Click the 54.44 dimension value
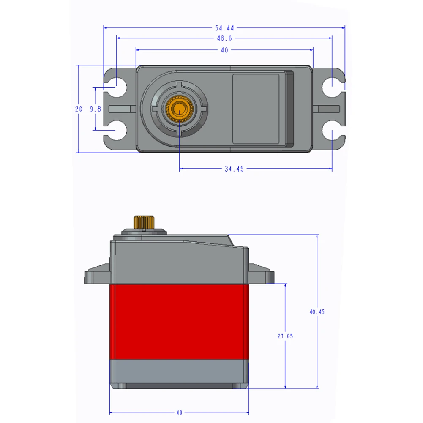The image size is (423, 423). tap(224, 28)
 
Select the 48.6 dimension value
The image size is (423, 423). tap(224, 38)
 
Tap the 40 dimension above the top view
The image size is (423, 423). tap(224, 50)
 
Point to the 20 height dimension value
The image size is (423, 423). tap(79, 109)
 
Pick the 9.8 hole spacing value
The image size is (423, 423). tap(96, 109)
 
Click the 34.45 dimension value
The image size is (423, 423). tap(235, 169)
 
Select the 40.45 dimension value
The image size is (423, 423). tap(317, 312)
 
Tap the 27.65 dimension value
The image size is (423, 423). tap(285, 336)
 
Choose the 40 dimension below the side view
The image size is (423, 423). tap(179, 412)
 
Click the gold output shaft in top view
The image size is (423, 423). tap(180, 109)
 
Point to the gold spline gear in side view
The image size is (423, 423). tap(143, 221)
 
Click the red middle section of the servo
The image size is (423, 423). tap(179, 321)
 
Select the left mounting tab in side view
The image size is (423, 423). tap(97, 274)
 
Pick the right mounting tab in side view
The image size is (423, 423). tap(261, 274)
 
